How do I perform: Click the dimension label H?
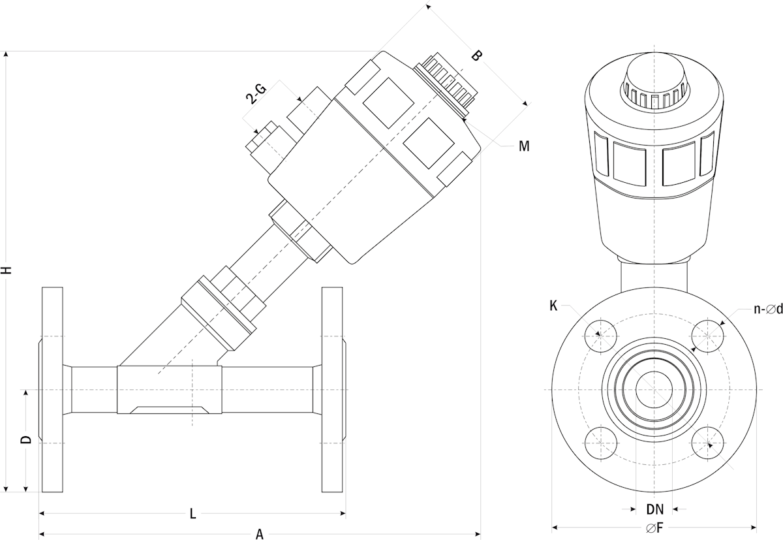7,270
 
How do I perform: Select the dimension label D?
25,439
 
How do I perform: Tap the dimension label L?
192,513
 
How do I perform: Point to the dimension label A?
260,534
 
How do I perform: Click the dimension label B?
476,56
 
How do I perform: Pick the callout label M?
524,146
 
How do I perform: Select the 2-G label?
255,95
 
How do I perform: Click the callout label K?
553,305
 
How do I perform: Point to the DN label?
654,509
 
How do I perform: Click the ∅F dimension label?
654,528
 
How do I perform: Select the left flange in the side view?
52,389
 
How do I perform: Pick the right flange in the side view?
332,389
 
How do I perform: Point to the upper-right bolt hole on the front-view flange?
708,336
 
